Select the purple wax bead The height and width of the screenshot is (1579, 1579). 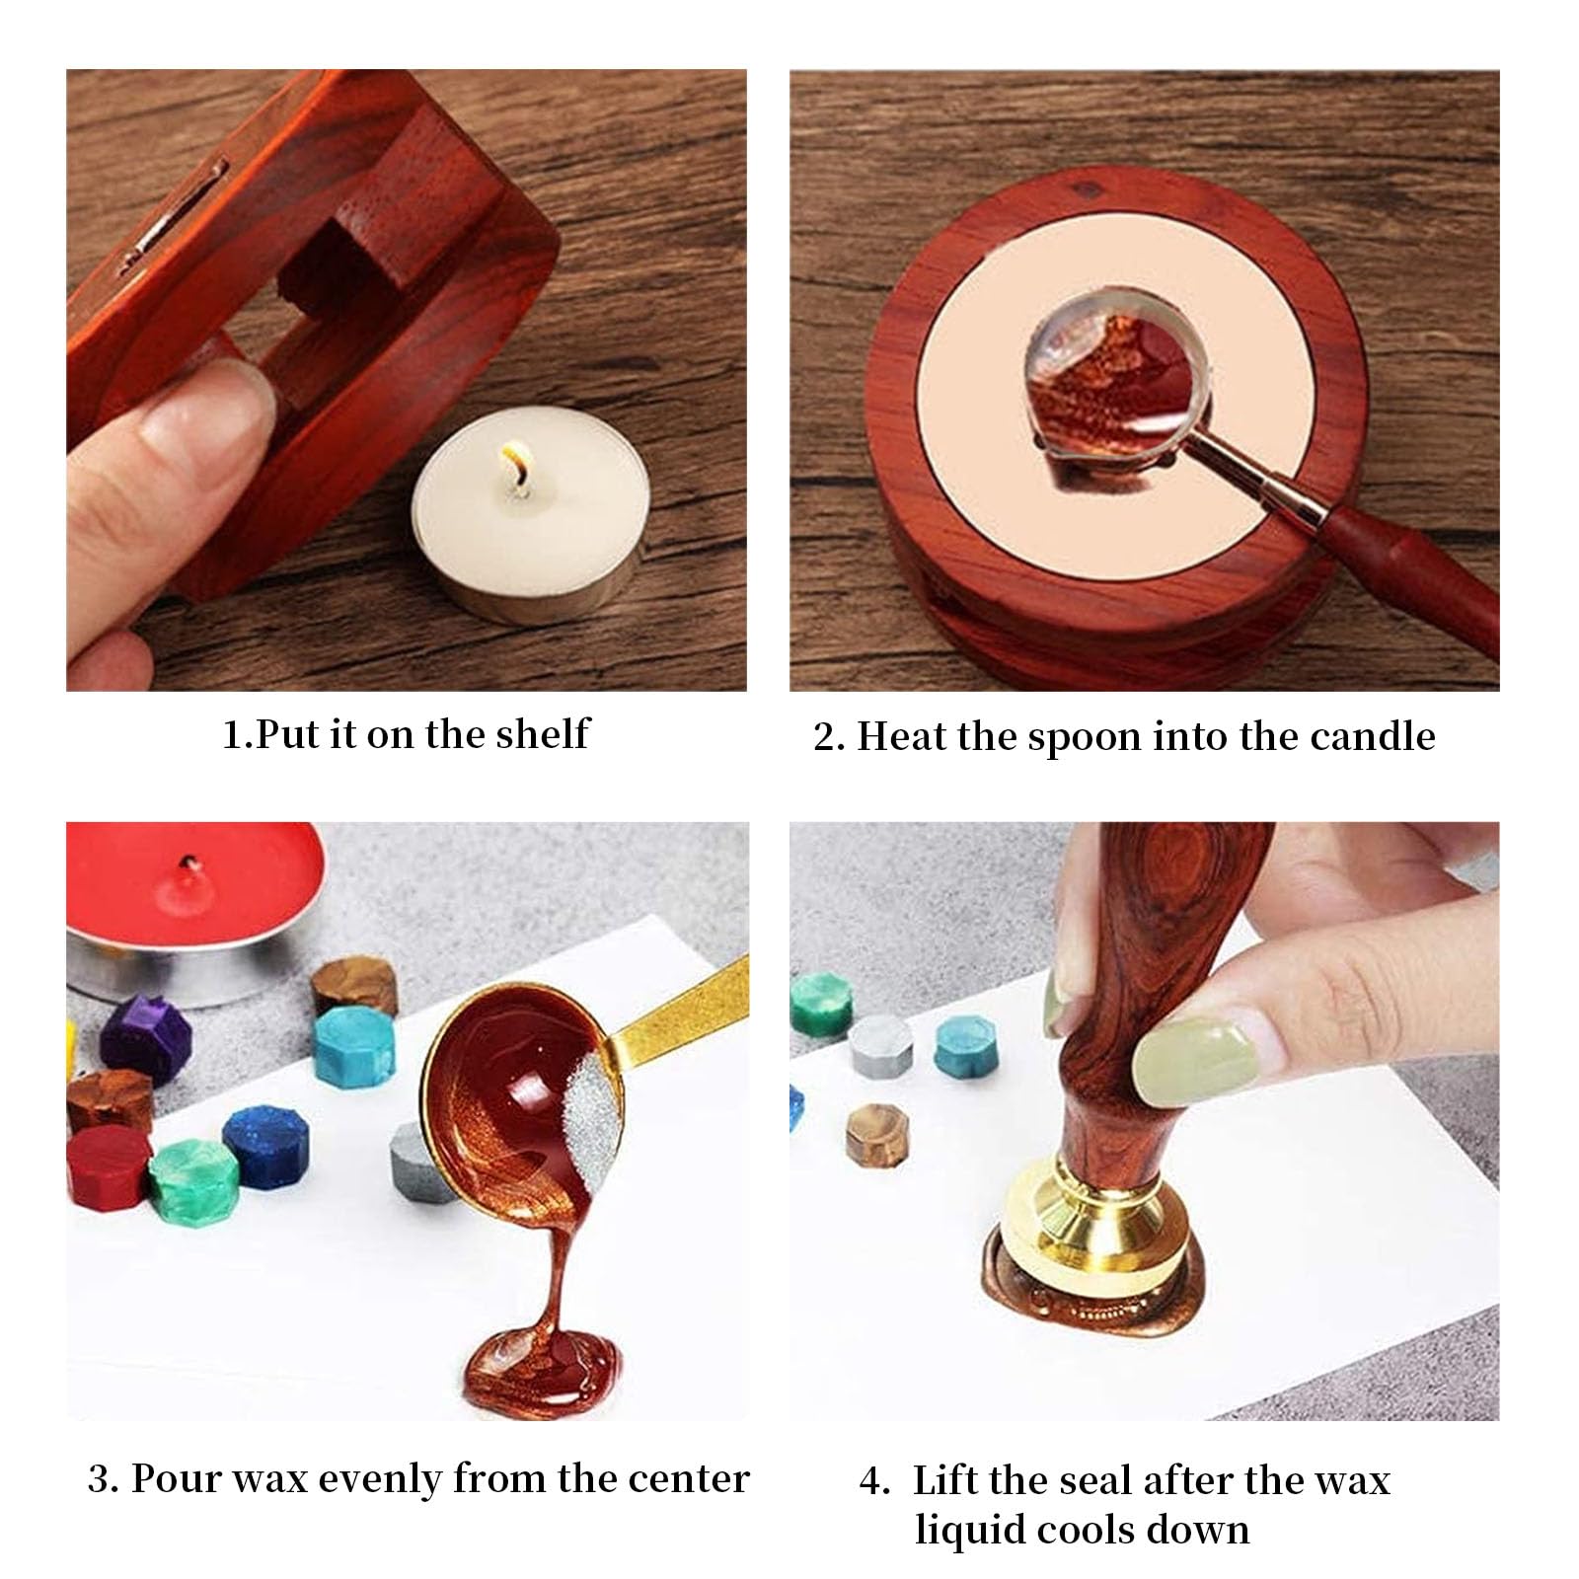146,1032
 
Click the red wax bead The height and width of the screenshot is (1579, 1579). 108,1165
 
